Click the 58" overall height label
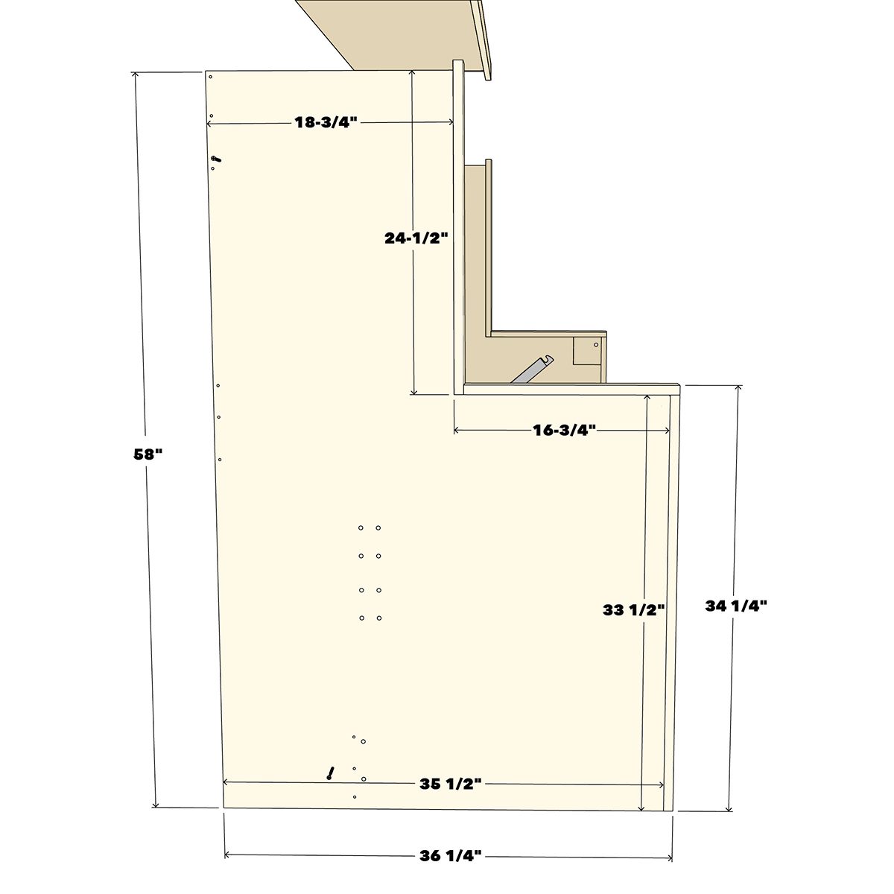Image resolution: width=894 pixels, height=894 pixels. coord(148,454)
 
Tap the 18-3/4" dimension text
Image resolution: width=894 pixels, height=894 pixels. coord(326,122)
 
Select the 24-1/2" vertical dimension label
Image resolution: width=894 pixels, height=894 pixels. coord(416,238)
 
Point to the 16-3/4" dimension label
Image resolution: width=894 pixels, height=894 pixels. coord(563,430)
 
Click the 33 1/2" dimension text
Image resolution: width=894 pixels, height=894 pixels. coord(634,609)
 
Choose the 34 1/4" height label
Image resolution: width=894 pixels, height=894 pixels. coord(736,606)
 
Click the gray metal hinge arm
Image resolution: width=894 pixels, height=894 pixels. coord(532,370)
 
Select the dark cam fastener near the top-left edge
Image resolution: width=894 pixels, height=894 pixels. coord(216,159)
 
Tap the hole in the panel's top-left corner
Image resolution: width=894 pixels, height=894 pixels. coord(210,77)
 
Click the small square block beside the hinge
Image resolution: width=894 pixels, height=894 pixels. coord(587,350)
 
